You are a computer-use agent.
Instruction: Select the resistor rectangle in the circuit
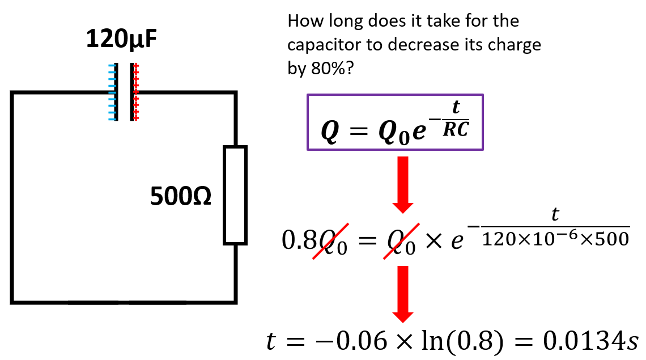click(x=235, y=195)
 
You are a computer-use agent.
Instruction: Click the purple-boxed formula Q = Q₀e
click(x=395, y=122)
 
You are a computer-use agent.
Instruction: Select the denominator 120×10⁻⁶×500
click(x=555, y=240)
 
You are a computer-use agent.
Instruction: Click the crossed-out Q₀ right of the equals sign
click(x=401, y=242)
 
